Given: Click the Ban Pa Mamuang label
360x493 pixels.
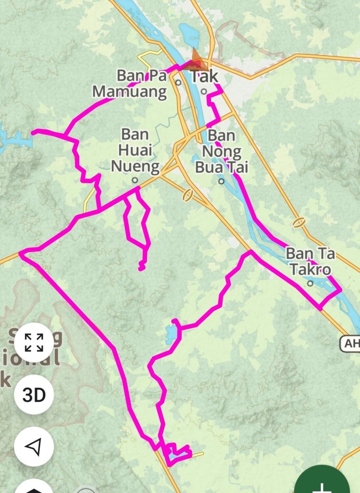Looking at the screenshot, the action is (130, 84).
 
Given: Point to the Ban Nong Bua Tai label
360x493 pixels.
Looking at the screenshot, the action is (221, 151).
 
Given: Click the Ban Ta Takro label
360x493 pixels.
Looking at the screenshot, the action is (310, 261).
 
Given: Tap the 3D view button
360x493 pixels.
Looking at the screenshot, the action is (34, 395).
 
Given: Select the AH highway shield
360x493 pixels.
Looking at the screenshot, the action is (350, 343).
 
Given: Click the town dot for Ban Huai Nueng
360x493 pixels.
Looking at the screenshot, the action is (135, 180).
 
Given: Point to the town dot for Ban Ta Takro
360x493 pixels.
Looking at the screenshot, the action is (310, 283).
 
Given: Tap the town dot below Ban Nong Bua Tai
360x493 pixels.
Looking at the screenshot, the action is (221, 181).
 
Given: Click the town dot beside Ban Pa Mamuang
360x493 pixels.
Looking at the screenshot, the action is (178, 82).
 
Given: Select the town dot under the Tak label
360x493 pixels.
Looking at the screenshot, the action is (204, 91).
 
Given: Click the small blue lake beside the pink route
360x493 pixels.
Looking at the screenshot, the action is (171, 333).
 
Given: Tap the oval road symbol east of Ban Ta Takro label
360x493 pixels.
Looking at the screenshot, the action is (299, 223).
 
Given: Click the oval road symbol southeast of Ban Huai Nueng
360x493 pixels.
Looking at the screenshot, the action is (187, 195).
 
